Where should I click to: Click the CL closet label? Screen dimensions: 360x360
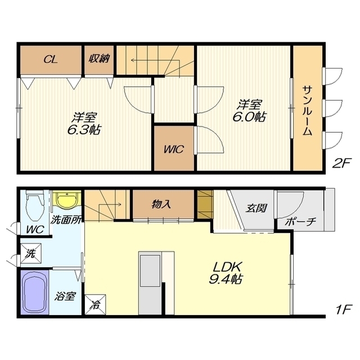click(50, 60)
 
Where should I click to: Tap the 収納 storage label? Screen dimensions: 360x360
click(100, 58)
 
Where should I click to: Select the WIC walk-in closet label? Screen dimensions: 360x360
click(174, 149)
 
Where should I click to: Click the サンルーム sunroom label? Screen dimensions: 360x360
click(307, 110)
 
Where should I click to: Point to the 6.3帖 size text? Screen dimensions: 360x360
click(84, 130)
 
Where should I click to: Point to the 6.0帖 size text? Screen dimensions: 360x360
click(250, 117)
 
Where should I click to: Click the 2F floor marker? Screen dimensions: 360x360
click(341, 163)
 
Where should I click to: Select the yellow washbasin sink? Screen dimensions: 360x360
click(67, 200)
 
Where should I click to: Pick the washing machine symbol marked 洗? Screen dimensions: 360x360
click(31, 253)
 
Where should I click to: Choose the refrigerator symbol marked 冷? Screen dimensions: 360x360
click(95, 304)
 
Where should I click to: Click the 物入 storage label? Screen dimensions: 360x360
click(161, 204)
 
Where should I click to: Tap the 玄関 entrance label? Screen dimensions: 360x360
click(256, 208)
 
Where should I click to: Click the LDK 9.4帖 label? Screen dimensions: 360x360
click(226, 273)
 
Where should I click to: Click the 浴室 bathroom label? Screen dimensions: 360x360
click(65, 296)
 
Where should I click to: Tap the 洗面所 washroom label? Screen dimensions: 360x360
click(66, 220)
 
